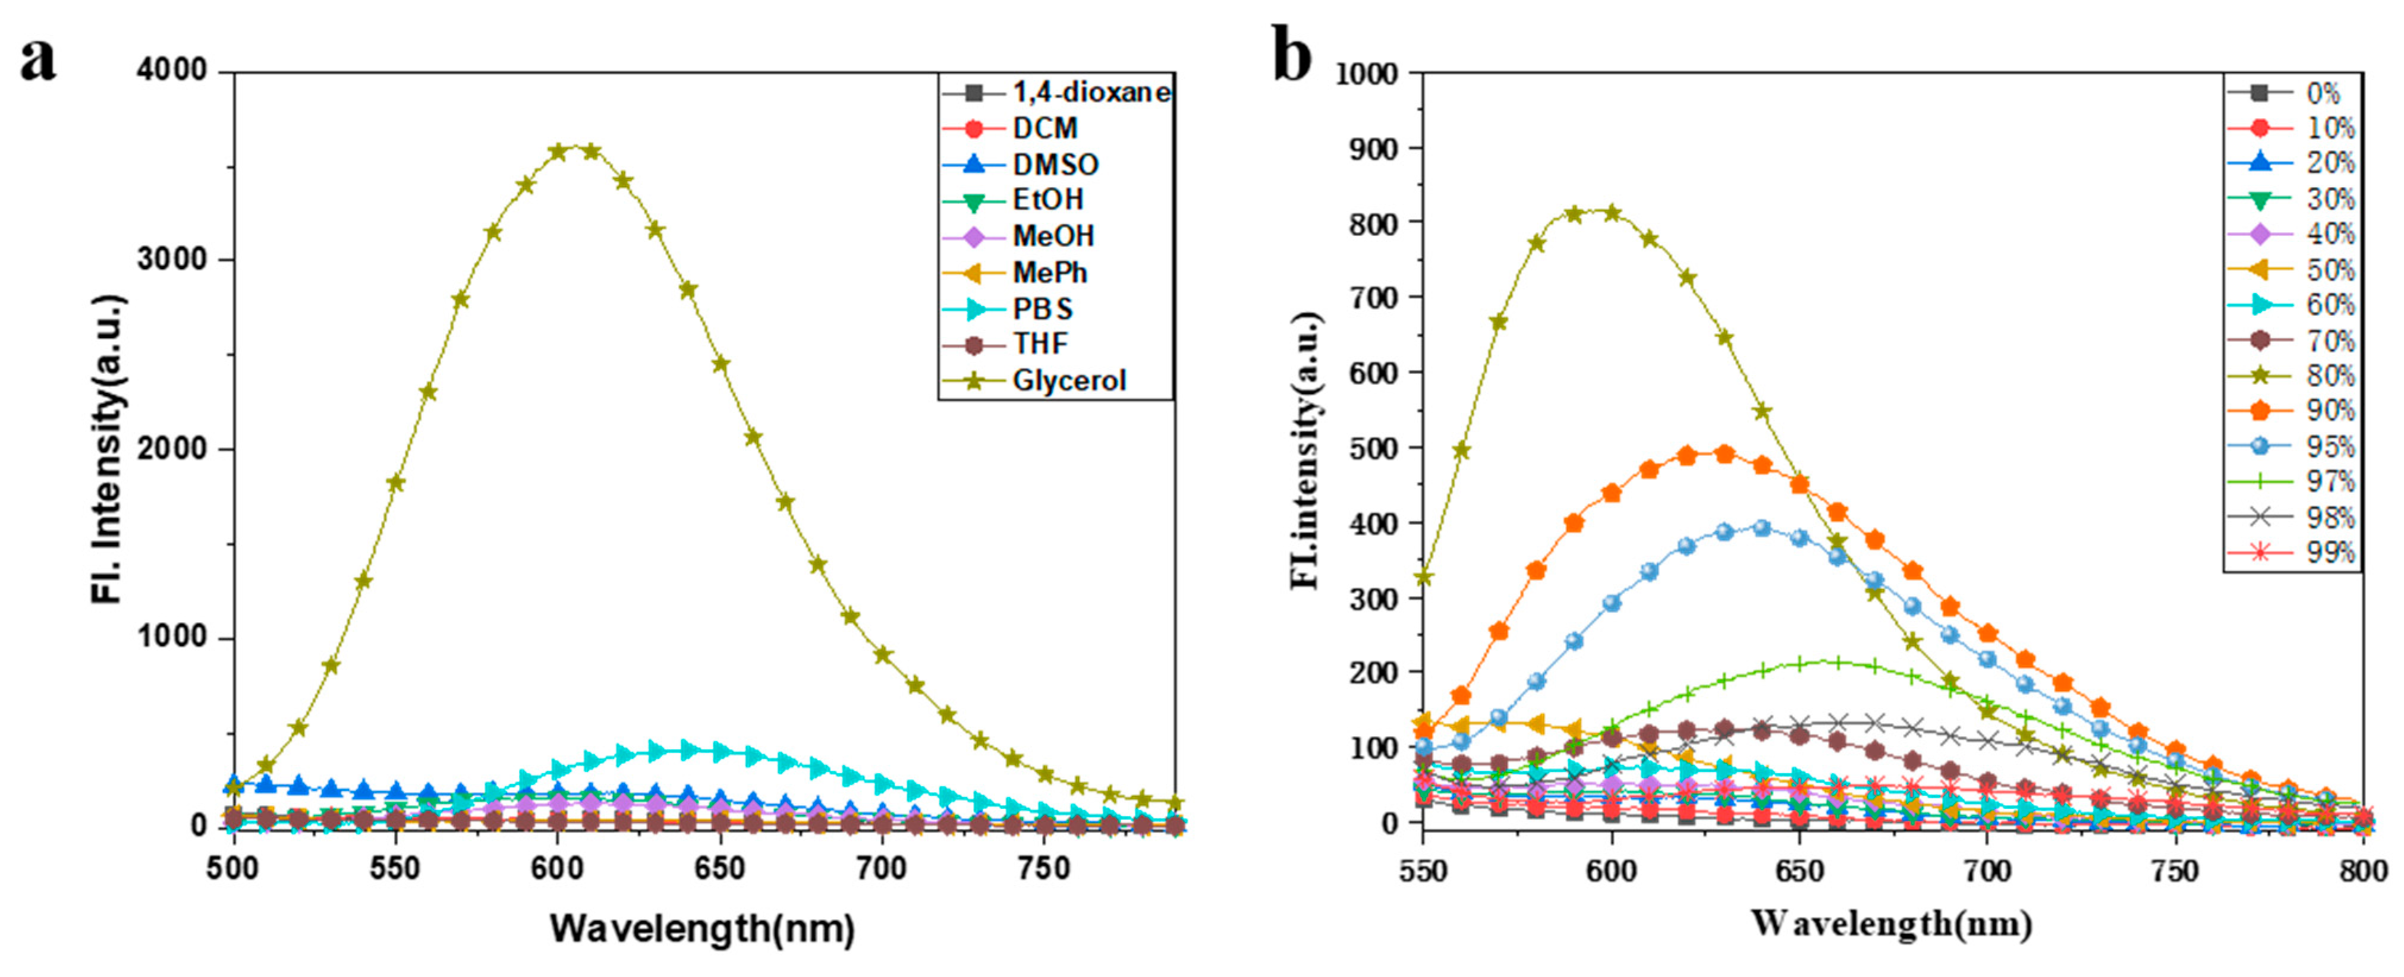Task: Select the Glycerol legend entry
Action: (1069, 381)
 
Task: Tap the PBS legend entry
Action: (1043, 309)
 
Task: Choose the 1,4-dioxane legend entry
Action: (1090, 92)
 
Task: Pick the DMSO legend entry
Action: (1055, 165)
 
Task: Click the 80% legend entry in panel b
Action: (2329, 376)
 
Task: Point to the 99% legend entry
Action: (2329, 553)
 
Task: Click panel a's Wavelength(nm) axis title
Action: (702, 928)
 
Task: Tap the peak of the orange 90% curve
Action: (1725, 455)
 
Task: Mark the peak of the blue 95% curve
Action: (1762, 528)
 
